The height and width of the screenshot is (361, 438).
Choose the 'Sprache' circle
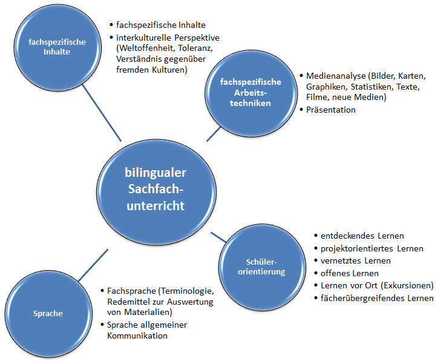tap(48, 314)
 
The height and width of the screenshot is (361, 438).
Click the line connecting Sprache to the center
tap(92, 263)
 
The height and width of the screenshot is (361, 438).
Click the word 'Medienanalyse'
tap(334, 77)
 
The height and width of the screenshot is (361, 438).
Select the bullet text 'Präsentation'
tap(331, 110)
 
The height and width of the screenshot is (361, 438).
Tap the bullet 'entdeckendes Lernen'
tap(362, 236)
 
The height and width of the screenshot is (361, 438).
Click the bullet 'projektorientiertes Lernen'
tap(372, 248)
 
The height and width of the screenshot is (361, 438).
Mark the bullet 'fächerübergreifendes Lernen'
tap(377, 298)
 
